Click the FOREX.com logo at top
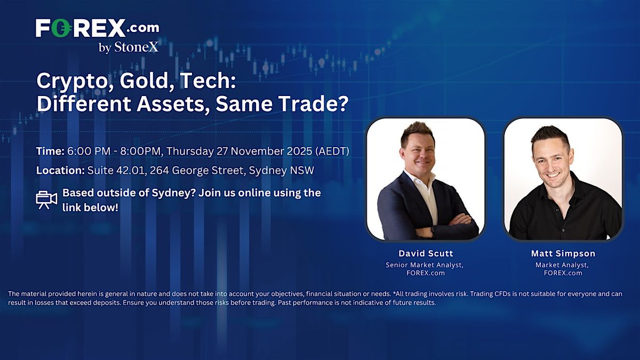point(97,28)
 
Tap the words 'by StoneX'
point(129,47)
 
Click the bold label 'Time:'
point(50,151)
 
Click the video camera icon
point(46,199)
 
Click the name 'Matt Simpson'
point(563,253)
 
